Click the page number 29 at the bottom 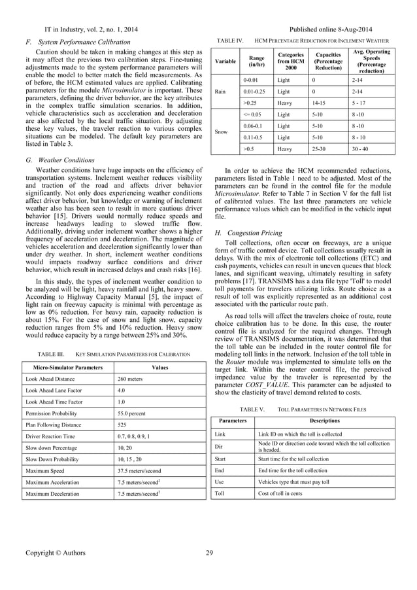tap(209, 553)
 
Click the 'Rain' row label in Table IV tap(220, 91)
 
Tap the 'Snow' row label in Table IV tap(222, 131)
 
